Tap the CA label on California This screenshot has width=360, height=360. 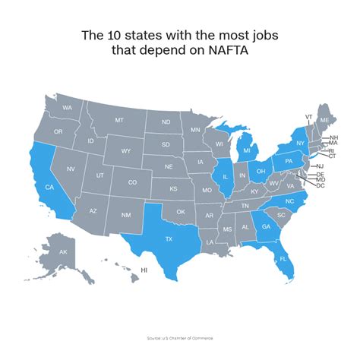point(49,187)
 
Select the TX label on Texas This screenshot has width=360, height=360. point(168,238)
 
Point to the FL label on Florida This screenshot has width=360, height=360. point(283,259)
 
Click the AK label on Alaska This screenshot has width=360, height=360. point(63,251)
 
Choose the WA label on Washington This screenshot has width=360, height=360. point(67,108)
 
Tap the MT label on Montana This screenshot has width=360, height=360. point(119,121)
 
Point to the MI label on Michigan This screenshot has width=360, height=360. point(247,151)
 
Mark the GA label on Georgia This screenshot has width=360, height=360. point(266,226)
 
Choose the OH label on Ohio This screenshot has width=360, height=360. point(261,171)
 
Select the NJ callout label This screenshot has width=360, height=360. point(321,166)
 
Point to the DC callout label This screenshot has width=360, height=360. point(321,186)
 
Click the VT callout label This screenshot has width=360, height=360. point(308,117)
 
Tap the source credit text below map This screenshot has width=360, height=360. point(180,335)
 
